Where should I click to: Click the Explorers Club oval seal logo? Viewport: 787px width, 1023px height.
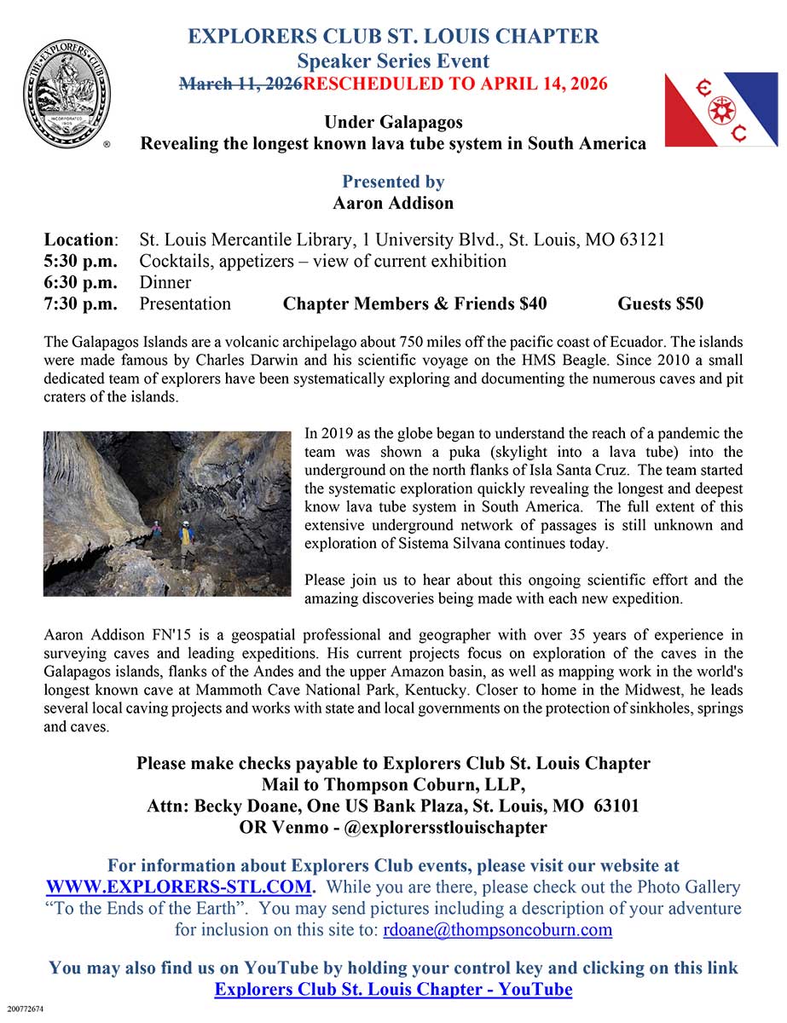67,94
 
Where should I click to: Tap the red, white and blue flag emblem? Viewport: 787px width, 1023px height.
720,109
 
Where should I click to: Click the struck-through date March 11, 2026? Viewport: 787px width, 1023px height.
241,84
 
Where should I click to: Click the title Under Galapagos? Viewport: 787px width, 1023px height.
393,122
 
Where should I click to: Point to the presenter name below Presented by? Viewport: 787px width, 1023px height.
393,203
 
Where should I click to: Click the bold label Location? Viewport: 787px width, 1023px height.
79,240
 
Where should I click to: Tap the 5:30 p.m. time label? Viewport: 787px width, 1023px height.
80,261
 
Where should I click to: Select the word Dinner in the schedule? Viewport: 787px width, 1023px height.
165,282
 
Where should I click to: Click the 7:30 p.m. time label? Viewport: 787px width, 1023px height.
80,303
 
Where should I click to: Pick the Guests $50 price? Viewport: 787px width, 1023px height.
660,303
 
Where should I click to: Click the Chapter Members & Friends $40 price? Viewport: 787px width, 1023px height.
414,303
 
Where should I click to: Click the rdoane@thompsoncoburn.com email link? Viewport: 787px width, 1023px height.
496,929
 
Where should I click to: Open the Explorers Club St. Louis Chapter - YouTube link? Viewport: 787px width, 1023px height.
393,990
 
